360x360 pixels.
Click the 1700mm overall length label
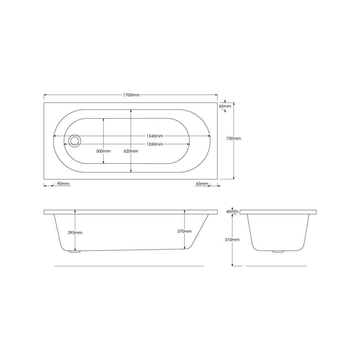click(131, 95)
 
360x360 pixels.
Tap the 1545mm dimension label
click(155, 136)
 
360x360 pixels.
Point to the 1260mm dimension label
click(155, 144)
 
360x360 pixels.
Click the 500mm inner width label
click(103, 151)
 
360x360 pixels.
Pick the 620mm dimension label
click(131, 151)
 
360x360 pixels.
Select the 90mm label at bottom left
click(63, 184)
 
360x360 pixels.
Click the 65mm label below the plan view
click(202, 184)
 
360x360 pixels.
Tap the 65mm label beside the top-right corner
click(225, 106)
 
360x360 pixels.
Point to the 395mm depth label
click(75, 233)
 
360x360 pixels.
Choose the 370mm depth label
click(184, 231)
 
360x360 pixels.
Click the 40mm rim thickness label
click(232, 212)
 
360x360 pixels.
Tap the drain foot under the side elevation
click(75, 252)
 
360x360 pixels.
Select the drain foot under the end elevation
click(278, 252)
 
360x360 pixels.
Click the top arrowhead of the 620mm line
click(131, 111)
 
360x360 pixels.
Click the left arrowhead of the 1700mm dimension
click(45, 95)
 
